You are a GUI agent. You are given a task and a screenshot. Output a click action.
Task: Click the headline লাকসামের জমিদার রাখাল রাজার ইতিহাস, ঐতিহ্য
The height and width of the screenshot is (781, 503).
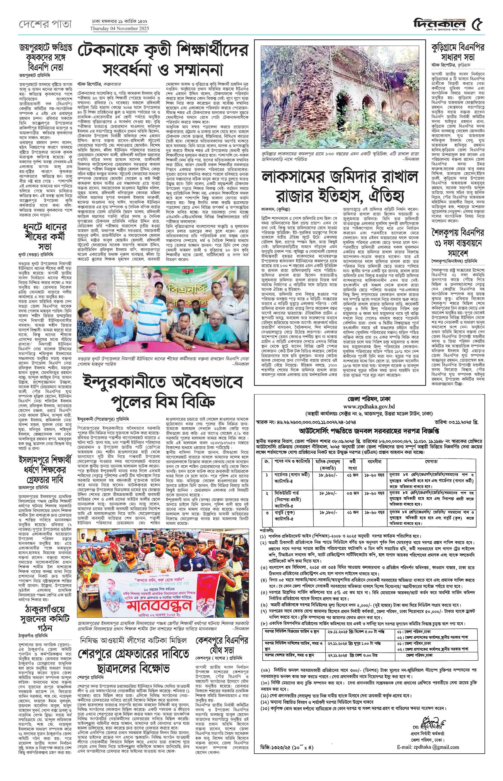tap(340, 186)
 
